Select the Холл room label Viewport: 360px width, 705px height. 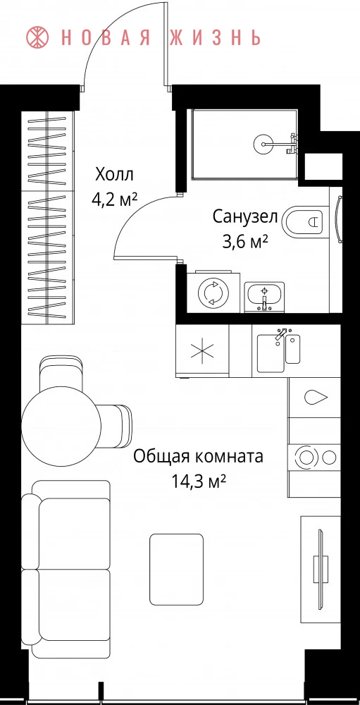coord(115,173)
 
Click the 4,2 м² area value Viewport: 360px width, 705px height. coord(114,200)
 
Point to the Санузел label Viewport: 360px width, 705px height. coord(245,217)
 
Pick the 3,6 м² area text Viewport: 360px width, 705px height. coord(245,243)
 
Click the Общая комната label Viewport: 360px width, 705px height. coord(198,457)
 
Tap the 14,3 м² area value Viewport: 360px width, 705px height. coord(198,482)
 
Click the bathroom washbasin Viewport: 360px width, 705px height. coord(265,296)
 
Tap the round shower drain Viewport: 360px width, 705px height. coord(261,144)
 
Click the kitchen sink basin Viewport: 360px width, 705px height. coord(271,352)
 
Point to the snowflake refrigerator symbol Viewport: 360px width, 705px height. coord(203,350)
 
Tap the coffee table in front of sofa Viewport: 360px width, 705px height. coord(176,569)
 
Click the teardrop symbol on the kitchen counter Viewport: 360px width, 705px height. coord(316,396)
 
